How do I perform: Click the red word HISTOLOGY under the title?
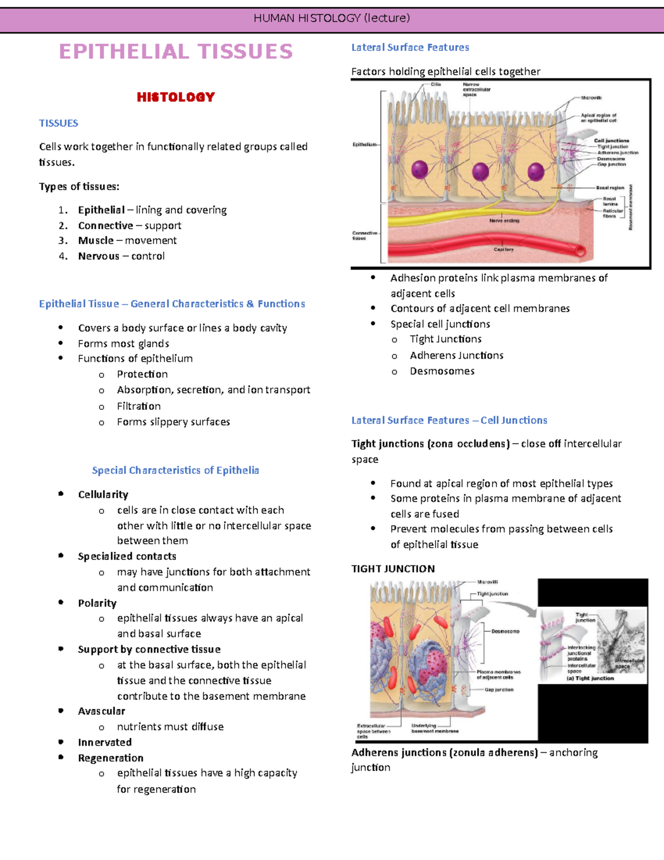pyautogui.click(x=175, y=97)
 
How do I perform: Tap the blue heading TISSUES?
pyautogui.click(x=59, y=123)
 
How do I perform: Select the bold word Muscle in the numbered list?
pyautogui.click(x=96, y=240)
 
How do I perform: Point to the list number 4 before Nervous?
pyautogui.click(x=63, y=256)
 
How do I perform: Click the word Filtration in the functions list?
pyautogui.click(x=138, y=406)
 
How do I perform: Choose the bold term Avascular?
pyautogui.click(x=101, y=711)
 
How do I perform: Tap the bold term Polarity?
pyautogui.click(x=97, y=603)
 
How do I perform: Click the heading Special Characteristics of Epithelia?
pyautogui.click(x=175, y=470)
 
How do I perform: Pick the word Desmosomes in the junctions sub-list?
pyautogui.click(x=442, y=371)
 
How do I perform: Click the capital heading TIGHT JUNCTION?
pyautogui.click(x=393, y=569)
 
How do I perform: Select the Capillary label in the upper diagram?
pyautogui.click(x=504, y=250)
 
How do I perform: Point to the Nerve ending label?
pyautogui.click(x=504, y=220)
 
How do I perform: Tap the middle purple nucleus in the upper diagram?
pyautogui.click(x=480, y=171)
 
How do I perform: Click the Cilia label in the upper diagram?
pyautogui.click(x=436, y=85)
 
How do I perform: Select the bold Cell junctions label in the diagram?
pyautogui.click(x=611, y=141)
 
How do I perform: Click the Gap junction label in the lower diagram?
pyautogui.click(x=499, y=690)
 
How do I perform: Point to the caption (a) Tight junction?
pyautogui.click(x=590, y=678)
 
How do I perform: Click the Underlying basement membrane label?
pyautogui.click(x=435, y=728)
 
